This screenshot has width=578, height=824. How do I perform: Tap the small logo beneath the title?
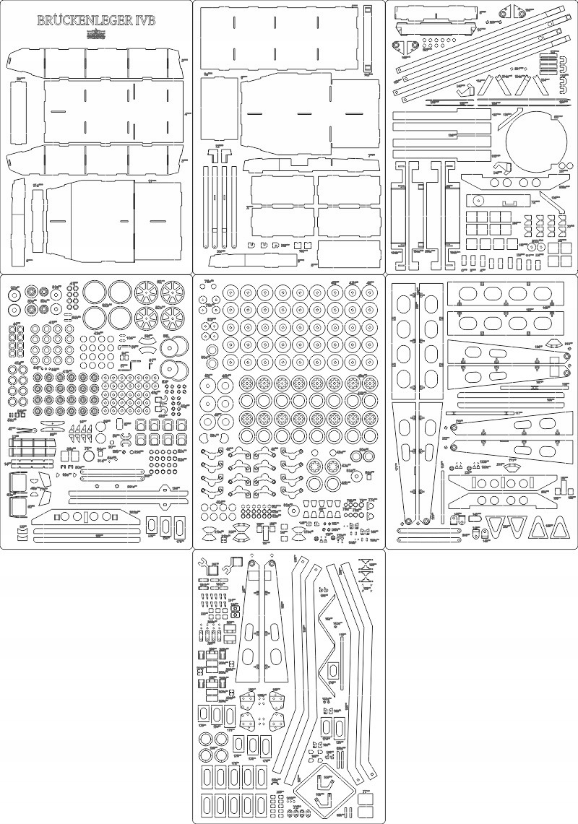pyautogui.click(x=95, y=32)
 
